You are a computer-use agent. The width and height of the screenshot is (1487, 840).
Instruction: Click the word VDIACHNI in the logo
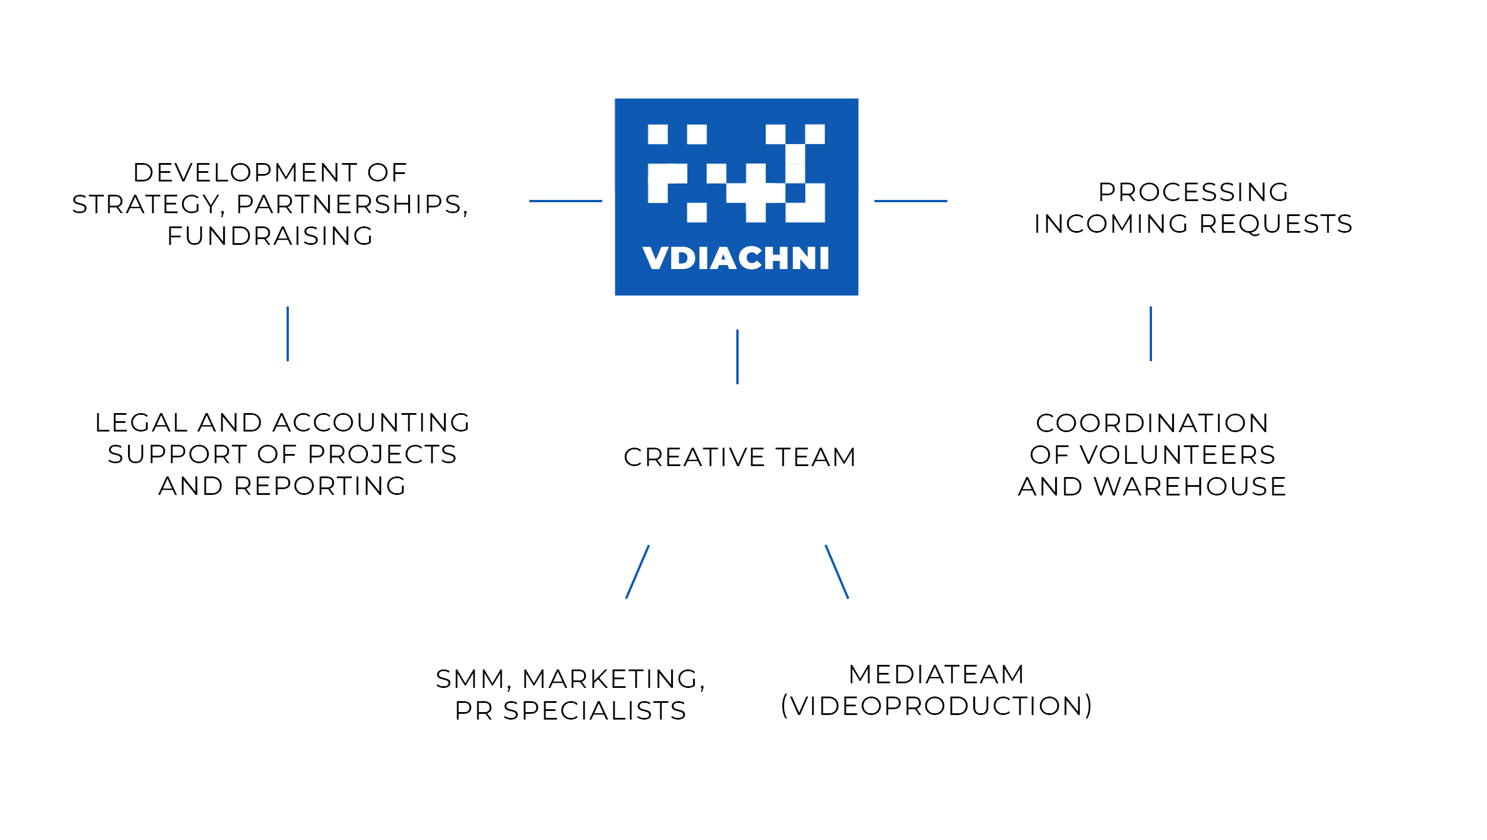coord(736,258)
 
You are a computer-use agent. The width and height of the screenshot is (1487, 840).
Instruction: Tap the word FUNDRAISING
coord(270,236)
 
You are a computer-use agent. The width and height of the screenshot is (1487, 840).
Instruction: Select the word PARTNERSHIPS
coord(352,205)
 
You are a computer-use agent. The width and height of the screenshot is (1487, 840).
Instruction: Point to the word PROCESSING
coord(1193,192)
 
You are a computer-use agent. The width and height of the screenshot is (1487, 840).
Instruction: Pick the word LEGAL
coord(141,423)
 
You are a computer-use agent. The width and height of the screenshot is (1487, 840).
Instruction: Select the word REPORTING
coord(320,486)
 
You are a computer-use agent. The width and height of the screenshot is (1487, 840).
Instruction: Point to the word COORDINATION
coord(1152,423)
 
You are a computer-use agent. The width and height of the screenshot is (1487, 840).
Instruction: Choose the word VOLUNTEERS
coord(1177,455)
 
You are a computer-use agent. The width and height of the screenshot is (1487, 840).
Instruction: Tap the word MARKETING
coord(613,680)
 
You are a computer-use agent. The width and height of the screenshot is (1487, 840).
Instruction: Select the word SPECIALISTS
coord(594,711)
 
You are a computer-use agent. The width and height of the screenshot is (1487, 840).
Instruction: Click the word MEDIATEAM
coord(936,675)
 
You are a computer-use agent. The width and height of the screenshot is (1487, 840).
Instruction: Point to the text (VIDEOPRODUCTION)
coord(936,706)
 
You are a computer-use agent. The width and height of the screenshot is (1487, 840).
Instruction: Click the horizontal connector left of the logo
coord(566,200)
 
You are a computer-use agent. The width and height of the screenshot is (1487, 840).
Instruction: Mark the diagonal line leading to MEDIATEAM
coord(837,572)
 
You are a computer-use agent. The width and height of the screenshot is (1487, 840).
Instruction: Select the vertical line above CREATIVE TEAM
coord(737,357)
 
